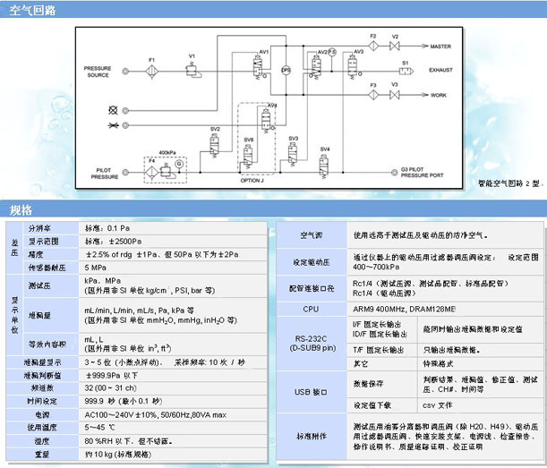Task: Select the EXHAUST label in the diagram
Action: tap(446, 67)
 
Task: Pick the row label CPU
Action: tap(311, 308)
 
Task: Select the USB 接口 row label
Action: tap(311, 392)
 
